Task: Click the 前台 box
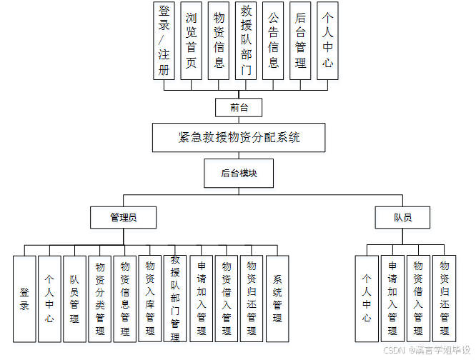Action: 238,107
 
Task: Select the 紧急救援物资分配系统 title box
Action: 239,137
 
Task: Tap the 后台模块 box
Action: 238,174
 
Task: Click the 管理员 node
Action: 124,217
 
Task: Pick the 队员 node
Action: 402,217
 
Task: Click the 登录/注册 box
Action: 164,41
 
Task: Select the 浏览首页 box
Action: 191,41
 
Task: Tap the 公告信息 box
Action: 273,41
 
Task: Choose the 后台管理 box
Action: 300,41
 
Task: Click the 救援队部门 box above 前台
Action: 246,41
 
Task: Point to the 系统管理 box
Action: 277,299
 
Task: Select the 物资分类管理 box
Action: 100,299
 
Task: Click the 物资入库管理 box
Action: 150,299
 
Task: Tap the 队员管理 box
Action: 74,299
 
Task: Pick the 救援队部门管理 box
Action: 175,299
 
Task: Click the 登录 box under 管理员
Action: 24,299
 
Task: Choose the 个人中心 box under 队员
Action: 367,299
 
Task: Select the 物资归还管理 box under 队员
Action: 444,299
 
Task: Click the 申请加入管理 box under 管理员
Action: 201,299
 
